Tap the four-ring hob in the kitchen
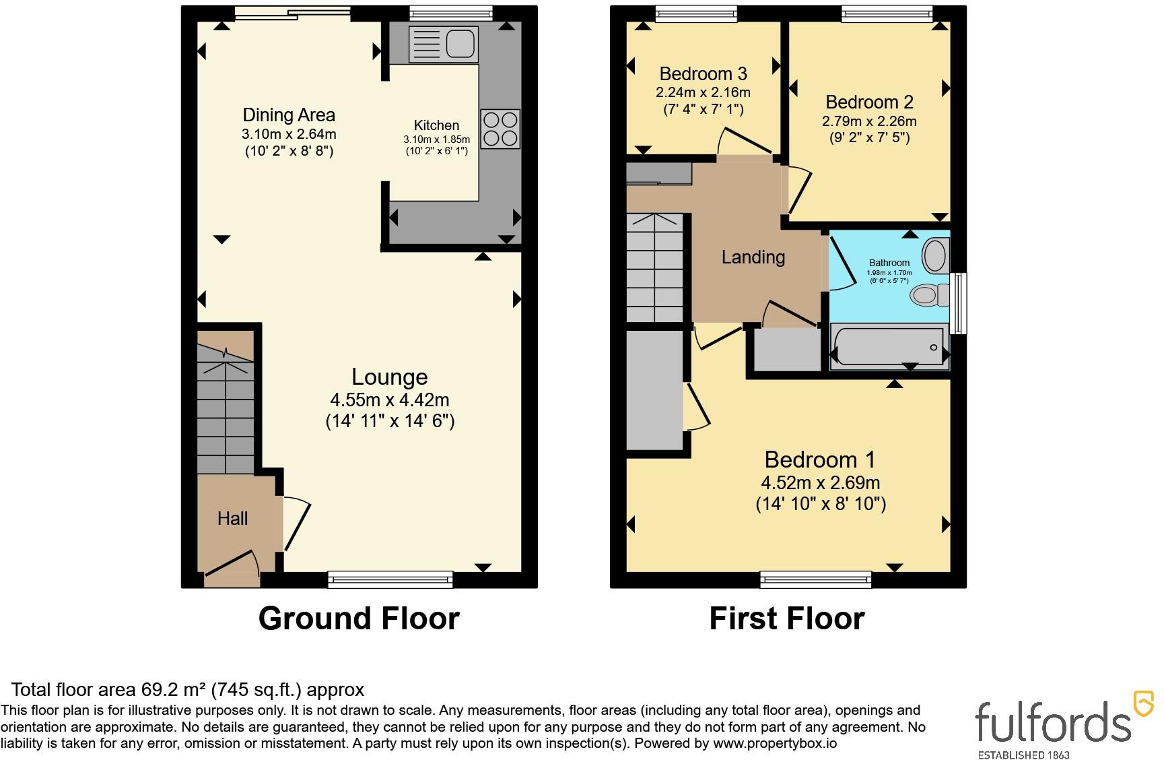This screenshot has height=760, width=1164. (x=500, y=129)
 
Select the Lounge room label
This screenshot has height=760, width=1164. (x=390, y=377)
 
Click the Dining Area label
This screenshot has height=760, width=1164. (x=289, y=115)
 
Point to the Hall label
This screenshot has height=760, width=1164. (x=233, y=519)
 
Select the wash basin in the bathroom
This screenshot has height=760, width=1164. (x=935, y=255)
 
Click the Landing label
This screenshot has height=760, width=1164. (x=753, y=257)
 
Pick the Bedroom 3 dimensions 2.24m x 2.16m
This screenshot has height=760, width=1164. (x=704, y=92)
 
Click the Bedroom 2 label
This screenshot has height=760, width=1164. (x=869, y=102)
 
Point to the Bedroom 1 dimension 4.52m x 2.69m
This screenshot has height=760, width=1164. (x=821, y=483)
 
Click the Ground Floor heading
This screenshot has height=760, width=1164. (x=359, y=619)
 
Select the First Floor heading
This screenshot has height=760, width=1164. (x=787, y=619)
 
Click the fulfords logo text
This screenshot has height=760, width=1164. (x=1054, y=721)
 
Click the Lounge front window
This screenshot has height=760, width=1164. (x=390, y=579)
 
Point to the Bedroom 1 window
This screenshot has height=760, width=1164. (x=816, y=579)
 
